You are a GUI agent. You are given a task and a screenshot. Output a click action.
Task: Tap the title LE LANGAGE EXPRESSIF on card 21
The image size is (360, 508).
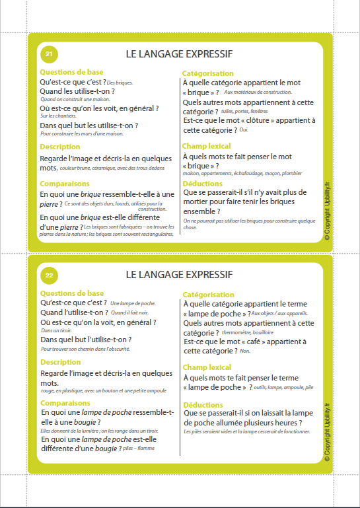(178, 54)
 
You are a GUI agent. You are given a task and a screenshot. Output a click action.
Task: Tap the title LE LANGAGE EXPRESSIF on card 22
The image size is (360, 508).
(178, 274)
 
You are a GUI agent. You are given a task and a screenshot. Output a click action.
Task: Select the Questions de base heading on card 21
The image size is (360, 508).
(71, 72)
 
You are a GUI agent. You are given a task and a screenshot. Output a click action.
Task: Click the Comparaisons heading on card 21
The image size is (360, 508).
(65, 184)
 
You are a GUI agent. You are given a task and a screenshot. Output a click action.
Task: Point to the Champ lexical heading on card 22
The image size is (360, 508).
(206, 367)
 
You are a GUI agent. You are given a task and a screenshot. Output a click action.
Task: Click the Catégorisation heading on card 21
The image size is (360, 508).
(207, 73)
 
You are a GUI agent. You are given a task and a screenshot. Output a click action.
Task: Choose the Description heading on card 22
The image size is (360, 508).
(60, 362)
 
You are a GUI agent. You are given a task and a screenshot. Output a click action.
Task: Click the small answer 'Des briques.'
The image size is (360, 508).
(120, 83)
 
